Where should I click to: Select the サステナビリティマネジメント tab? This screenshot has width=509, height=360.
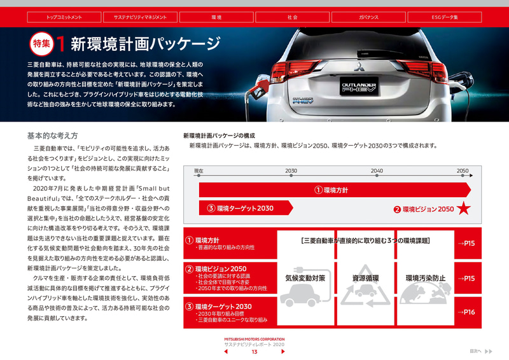click(x=140, y=17)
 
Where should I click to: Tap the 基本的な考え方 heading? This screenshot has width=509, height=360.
click(x=53, y=136)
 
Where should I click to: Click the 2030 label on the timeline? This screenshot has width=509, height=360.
click(x=291, y=171)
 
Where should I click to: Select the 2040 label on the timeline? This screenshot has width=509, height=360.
click(x=377, y=171)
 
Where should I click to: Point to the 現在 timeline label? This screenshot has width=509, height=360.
click(x=199, y=171)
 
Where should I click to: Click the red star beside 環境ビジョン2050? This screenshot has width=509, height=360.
click(x=464, y=208)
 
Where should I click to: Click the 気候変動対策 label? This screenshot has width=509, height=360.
click(x=305, y=278)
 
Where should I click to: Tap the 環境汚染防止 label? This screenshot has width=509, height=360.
click(x=426, y=278)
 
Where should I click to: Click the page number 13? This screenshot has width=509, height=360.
click(x=254, y=352)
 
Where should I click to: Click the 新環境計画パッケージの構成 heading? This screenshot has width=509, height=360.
click(x=219, y=135)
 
